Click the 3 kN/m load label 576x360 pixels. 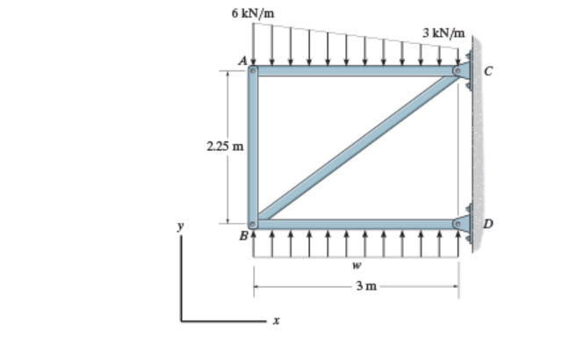(x=443, y=32)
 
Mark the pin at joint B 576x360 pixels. (x=253, y=223)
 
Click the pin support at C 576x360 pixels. (x=459, y=69)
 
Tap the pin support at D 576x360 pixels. (x=459, y=223)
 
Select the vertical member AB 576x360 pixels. (x=253, y=146)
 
